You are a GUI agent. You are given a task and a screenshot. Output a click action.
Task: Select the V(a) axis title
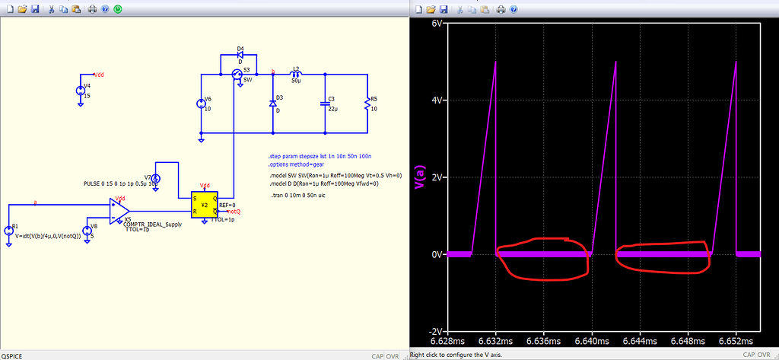[418, 177]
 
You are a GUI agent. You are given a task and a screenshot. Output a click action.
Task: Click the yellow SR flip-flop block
[204, 205]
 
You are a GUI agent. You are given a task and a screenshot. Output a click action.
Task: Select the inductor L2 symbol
[297, 74]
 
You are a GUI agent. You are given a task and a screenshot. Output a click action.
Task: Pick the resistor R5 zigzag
[367, 104]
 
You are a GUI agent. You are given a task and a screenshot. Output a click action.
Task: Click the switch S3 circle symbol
[237, 74]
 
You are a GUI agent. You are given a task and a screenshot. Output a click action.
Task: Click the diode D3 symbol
[272, 103]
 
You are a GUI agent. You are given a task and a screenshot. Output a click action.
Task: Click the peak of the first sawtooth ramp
[495, 62]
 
